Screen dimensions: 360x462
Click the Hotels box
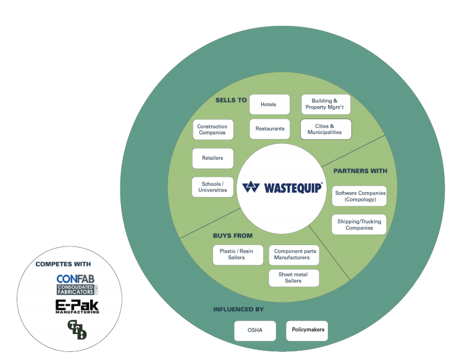269,104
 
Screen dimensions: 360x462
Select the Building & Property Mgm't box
325,104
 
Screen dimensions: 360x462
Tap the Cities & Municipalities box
325,129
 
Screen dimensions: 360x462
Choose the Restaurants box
269,129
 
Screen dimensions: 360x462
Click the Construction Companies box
212,130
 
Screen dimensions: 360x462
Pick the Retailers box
212,158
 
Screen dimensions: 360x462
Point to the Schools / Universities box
212,186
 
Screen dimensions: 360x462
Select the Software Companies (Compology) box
359,196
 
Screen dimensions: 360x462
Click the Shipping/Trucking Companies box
359,225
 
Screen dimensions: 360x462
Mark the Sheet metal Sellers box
293,278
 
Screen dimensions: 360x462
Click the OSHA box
255,330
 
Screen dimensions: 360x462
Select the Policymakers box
309,330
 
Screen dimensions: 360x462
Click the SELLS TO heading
231,100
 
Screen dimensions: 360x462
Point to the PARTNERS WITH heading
360,171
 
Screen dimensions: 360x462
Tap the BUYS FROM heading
233,235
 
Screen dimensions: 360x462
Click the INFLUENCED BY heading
238,309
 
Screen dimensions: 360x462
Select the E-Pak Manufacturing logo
77,307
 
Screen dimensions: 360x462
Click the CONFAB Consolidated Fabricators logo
77,285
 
